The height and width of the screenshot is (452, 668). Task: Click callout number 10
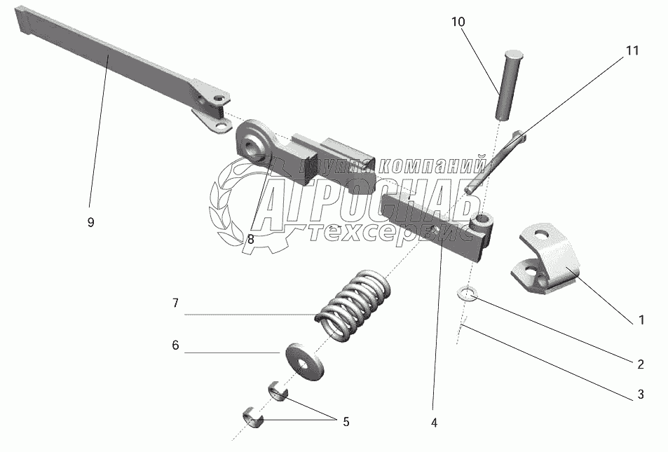pyautogui.click(x=457, y=22)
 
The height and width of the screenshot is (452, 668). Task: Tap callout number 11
pyautogui.click(x=632, y=50)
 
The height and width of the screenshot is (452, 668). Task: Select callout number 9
pyautogui.click(x=90, y=222)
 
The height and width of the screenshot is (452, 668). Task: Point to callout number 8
pyautogui.click(x=250, y=239)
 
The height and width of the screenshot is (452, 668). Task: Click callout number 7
pyautogui.click(x=175, y=303)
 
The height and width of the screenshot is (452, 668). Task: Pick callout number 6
pyautogui.click(x=175, y=345)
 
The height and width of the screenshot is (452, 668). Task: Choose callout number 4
pyautogui.click(x=434, y=423)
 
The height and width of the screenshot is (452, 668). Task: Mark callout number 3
pyautogui.click(x=640, y=395)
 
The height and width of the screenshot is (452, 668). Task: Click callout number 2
pyautogui.click(x=640, y=364)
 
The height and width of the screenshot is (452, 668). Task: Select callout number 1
pyautogui.click(x=641, y=321)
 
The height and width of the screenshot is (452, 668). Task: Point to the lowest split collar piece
pyautogui.click(x=252, y=418)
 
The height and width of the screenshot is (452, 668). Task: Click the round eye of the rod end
pyautogui.click(x=252, y=146)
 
